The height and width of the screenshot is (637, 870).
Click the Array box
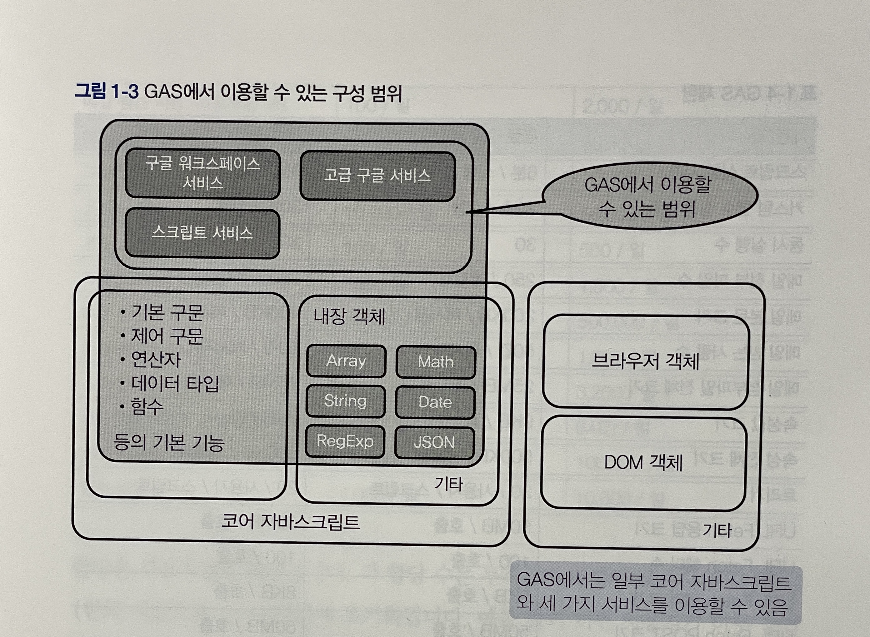[x=346, y=361]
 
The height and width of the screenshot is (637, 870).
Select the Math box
[x=435, y=362]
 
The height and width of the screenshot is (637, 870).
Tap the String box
[x=346, y=401]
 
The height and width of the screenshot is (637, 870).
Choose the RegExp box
[x=345, y=441]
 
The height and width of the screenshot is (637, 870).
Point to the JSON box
[x=434, y=442]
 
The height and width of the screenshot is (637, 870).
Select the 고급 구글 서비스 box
[x=377, y=176]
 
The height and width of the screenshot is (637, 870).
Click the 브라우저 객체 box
[x=645, y=362]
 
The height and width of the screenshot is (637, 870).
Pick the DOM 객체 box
[x=643, y=463]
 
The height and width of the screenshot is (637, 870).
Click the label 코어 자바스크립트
[x=290, y=522]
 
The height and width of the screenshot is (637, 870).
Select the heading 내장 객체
[x=349, y=317]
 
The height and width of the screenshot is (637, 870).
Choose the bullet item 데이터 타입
[x=175, y=383]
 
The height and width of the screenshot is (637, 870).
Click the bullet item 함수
[x=147, y=407]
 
